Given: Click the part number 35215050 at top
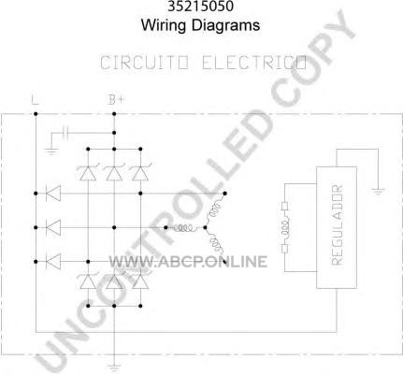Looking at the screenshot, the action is [200, 7].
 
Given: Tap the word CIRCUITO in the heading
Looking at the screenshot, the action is [144, 63].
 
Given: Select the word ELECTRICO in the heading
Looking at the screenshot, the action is [254, 63].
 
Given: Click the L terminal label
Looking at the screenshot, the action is [35, 100].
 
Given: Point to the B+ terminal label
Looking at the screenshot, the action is [116, 100].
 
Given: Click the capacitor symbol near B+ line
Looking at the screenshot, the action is [65, 133].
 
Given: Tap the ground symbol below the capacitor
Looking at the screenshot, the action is [51, 151].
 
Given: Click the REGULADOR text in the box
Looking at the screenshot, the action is [337, 225].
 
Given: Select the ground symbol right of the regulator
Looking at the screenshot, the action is [378, 191].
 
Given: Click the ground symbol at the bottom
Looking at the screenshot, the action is [114, 367].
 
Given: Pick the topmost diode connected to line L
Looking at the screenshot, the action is [53, 194].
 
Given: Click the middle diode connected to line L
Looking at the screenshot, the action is [53, 227].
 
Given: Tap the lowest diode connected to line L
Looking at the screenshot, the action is [53, 261].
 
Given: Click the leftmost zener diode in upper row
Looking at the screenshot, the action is [88, 173].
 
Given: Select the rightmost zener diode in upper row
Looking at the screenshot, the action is [140, 173].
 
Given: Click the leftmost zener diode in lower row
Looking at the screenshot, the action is [88, 281].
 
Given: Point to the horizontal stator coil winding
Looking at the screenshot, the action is [185, 228].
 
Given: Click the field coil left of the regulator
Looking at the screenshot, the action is [285, 227].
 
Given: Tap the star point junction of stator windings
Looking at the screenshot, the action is [205, 228].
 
